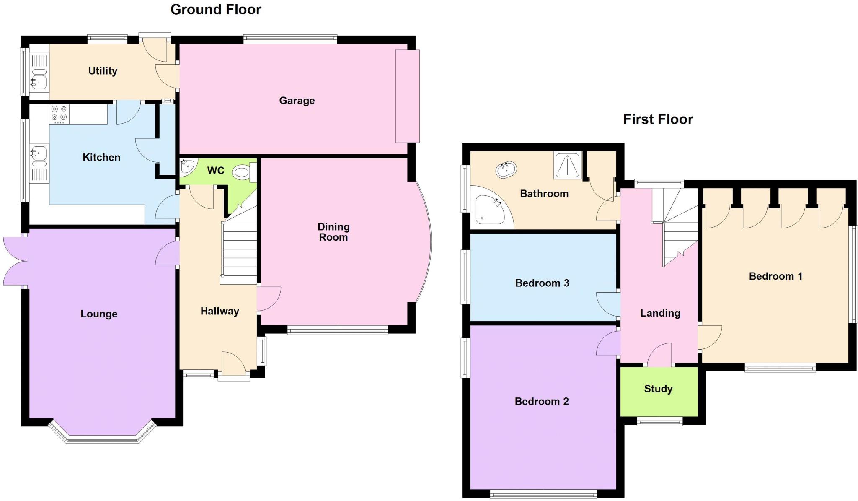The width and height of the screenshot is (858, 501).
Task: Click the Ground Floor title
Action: coord(216,10)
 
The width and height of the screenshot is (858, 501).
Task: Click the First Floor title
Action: coord(658,119)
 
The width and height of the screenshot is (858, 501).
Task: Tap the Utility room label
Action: coord(103,71)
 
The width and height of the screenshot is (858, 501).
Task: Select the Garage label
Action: coord(297,101)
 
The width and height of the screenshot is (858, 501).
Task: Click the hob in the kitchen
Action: coord(59,114)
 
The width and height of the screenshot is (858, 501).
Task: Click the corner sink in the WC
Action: coord(186,166)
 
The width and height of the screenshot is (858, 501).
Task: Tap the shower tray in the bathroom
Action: coord(568,165)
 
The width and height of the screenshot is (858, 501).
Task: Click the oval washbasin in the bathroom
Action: coord(506,170)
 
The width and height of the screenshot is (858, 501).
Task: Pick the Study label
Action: coord(658,389)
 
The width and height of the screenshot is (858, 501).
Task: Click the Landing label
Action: coord(660,313)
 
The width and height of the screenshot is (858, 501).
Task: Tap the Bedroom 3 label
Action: coord(542,283)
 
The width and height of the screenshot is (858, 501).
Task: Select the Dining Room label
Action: coord(333,232)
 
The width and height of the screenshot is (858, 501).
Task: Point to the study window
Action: coord(660,421)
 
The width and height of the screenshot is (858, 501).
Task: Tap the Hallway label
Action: coord(220,312)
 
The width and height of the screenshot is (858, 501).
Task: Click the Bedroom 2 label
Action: coord(542,402)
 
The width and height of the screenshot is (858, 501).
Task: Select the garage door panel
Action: coord(407,96)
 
